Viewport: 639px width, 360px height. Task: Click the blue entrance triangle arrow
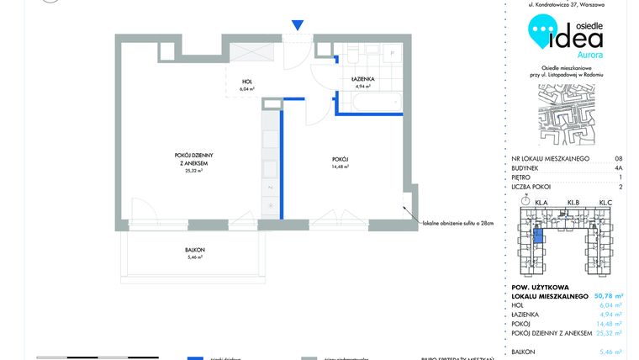[295, 27]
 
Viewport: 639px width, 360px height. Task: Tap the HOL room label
[246, 82]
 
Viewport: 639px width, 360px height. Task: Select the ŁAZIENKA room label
[362, 79]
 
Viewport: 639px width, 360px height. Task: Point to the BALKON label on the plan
[195, 250]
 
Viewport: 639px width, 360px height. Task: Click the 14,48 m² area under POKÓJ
[340, 167]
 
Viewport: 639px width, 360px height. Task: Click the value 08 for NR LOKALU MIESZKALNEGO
[618, 158]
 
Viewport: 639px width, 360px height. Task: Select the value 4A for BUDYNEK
[618, 167]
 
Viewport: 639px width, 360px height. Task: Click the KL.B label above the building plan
[574, 202]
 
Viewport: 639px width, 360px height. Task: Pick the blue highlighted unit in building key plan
[539, 236]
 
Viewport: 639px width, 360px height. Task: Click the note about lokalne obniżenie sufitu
[457, 225]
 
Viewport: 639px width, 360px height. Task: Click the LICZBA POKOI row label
[535, 187]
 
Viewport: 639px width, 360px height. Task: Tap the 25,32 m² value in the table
[609, 331]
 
